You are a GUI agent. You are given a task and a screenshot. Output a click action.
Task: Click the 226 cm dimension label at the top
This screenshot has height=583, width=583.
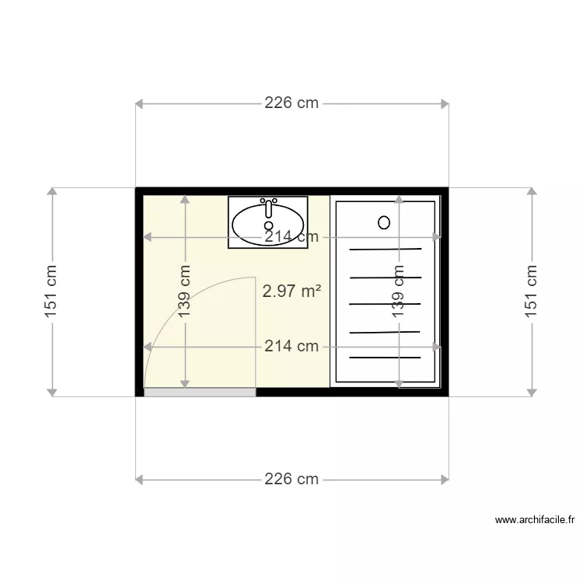(291, 103)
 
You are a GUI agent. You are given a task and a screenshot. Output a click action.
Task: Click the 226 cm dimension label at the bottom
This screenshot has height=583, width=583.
(291, 479)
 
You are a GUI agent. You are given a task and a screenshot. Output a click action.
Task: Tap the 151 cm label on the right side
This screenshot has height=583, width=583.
(532, 291)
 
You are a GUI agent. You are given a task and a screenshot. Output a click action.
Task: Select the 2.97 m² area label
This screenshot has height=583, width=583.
(292, 291)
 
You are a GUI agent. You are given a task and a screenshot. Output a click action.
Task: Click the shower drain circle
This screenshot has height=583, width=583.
(384, 222)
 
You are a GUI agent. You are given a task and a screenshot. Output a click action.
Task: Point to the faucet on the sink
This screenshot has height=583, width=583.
(268, 206)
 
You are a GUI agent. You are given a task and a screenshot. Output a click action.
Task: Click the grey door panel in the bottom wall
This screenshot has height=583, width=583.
(200, 393)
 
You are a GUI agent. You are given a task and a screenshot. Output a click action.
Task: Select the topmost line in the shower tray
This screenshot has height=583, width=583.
(386, 250)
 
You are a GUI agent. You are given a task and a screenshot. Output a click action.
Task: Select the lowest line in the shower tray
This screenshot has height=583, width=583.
(386, 358)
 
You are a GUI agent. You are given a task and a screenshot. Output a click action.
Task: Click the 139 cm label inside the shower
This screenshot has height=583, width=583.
(399, 291)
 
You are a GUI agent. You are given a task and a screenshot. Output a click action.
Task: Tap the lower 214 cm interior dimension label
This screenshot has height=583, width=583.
(291, 346)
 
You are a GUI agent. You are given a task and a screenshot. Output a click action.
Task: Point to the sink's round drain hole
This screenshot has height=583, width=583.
(268, 225)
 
